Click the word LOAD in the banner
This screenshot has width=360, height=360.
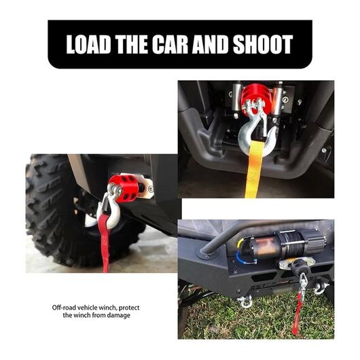(x=88, y=44)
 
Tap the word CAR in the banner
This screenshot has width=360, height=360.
(x=170, y=44)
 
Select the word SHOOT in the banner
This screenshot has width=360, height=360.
(x=263, y=44)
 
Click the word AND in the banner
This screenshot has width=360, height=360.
(x=211, y=44)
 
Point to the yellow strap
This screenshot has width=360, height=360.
(x=254, y=170)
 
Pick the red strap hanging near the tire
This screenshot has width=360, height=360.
(x=105, y=242)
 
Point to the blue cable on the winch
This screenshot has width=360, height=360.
(x=243, y=257)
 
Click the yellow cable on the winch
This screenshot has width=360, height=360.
(x=241, y=242)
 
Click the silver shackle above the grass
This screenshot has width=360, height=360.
(x=245, y=302)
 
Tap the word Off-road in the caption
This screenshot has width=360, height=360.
(x=65, y=308)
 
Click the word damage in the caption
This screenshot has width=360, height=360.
(x=119, y=316)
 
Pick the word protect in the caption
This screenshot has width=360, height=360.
(x=129, y=308)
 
